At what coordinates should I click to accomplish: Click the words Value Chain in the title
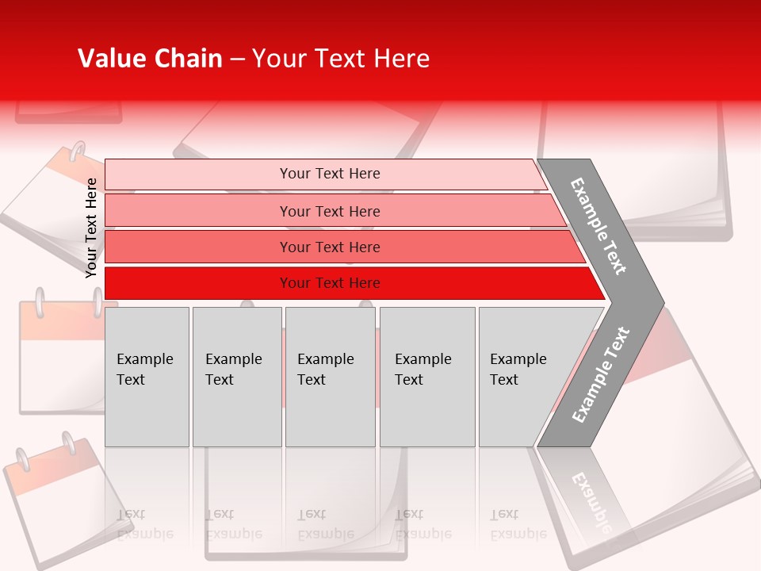click(x=150, y=59)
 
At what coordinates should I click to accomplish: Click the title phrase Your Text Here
click(x=341, y=59)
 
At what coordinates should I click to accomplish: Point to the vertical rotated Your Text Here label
click(x=91, y=228)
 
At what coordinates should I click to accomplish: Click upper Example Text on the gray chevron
click(x=598, y=226)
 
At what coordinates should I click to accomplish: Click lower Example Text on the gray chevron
click(x=601, y=375)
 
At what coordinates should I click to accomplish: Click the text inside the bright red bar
click(x=330, y=283)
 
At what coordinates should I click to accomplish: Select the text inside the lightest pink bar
click(x=330, y=174)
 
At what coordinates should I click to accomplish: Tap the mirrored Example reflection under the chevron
click(x=590, y=508)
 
